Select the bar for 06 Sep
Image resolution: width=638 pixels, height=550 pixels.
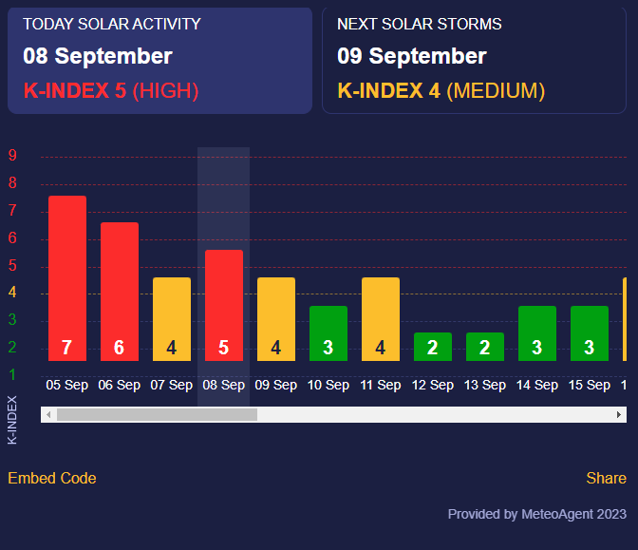120,291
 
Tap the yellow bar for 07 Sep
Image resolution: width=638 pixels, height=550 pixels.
172,318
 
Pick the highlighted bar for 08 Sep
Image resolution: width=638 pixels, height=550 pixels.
224,305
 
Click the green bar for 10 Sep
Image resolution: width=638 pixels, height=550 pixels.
328,332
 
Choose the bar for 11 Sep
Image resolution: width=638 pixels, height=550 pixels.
381,318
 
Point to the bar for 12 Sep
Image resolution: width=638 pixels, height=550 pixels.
433,346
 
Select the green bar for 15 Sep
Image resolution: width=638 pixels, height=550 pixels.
590,332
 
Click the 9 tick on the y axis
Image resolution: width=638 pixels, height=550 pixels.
12,157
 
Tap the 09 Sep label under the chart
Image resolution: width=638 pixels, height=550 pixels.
276,386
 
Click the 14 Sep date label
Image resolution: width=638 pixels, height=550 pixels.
537,386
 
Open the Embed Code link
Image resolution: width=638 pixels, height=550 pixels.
52,478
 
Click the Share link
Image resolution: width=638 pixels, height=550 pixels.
606,478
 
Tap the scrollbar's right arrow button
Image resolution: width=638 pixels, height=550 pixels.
620,415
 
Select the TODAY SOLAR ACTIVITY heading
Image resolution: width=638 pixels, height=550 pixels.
112,24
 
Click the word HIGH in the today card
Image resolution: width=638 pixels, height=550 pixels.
165,91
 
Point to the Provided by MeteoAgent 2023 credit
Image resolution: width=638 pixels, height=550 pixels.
536,514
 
